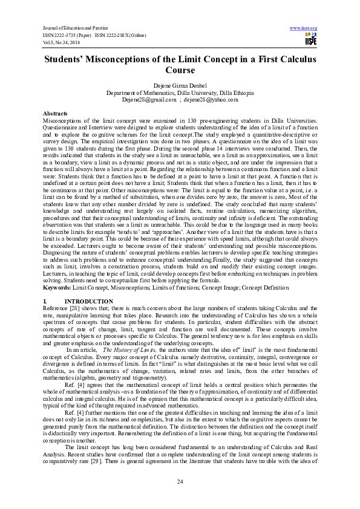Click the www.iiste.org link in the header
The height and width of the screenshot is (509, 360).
pos(304,28)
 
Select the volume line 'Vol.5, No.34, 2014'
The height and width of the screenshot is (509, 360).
pos(60,42)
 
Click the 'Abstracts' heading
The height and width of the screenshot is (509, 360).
pos(56,114)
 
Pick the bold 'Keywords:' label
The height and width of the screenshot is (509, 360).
pos(57,288)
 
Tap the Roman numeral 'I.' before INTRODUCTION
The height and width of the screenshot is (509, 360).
pos(45,301)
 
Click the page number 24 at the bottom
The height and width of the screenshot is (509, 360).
pos(180,481)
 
